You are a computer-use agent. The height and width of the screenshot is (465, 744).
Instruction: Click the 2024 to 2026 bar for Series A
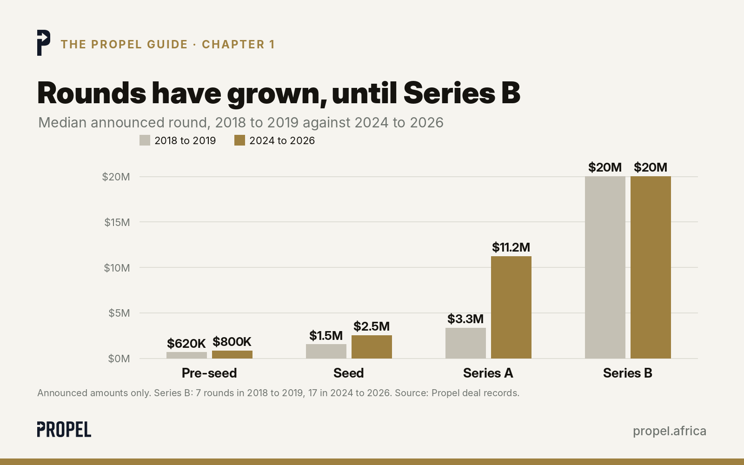point(511,307)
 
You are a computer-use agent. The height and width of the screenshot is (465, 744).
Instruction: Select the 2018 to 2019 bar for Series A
point(465,343)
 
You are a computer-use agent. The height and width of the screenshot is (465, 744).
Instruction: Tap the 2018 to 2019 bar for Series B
point(605,267)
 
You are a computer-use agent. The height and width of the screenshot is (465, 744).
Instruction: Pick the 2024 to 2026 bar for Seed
point(372,347)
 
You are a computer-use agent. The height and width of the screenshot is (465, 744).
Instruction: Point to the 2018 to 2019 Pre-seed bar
point(186,355)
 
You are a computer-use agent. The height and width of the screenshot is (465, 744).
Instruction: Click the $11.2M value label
point(511,247)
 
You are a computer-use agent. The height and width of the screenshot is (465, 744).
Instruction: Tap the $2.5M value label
point(372,326)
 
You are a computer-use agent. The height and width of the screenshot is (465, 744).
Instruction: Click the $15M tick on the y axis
point(117,222)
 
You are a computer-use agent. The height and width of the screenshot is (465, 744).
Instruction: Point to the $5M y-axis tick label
point(119,313)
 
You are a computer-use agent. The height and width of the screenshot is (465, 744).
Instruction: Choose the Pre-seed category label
point(209,373)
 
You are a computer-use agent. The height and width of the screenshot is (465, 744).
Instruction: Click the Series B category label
point(628,373)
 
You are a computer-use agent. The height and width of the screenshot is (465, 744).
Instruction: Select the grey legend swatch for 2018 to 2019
point(145,140)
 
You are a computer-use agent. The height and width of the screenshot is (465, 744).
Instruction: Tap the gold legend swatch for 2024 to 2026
point(239,140)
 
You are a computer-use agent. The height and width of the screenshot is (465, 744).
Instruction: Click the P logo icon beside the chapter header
point(44,43)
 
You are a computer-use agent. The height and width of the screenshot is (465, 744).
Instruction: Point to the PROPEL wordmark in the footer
point(64,430)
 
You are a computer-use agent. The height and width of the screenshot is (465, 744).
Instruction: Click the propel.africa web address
point(670,431)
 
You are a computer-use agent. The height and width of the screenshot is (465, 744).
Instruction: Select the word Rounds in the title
point(92,93)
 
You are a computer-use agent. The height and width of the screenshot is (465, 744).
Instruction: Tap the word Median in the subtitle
point(62,123)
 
